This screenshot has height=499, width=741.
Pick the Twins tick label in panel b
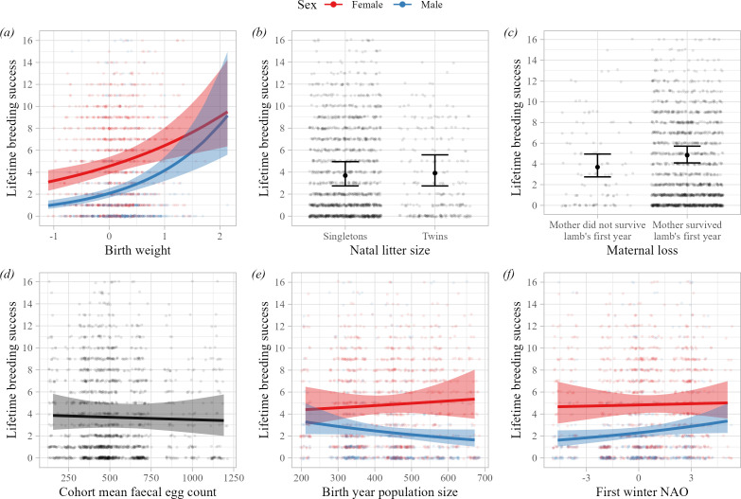click(434, 230)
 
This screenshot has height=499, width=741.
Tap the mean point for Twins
click(434, 172)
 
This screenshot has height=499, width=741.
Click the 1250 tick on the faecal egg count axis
click(224, 472)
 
